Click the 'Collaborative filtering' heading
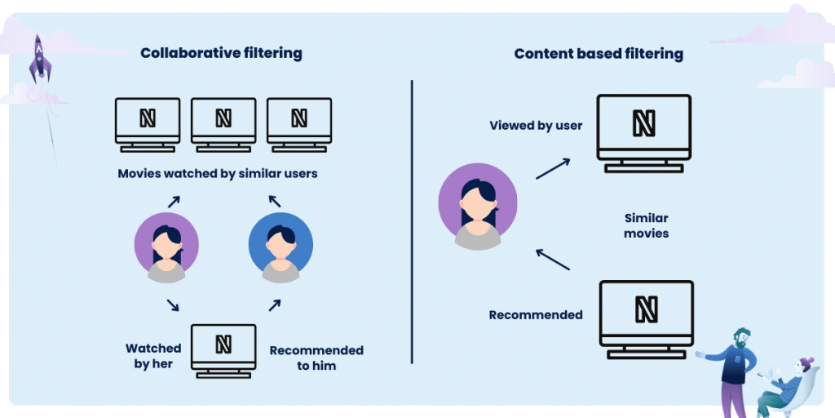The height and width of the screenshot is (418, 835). (221, 54)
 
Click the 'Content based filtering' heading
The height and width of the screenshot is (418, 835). (599, 54)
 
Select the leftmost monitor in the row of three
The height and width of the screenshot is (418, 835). (148, 122)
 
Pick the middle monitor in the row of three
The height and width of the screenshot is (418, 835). (223, 122)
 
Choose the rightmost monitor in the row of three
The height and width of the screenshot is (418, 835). (299, 122)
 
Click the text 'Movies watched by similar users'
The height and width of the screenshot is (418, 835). (217, 173)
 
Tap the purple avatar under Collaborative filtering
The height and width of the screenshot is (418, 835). (166, 242)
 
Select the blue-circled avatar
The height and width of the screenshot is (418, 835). (281, 242)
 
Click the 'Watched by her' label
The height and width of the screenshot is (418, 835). (153, 356)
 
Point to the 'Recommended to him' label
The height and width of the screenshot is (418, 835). (316, 358)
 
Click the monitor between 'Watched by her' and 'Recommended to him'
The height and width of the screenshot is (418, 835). (223, 349)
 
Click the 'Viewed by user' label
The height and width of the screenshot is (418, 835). (536, 126)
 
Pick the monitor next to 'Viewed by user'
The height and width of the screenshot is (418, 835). (644, 131)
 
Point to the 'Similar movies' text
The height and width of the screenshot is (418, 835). (646, 225)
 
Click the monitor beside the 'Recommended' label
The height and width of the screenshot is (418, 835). (646, 317)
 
